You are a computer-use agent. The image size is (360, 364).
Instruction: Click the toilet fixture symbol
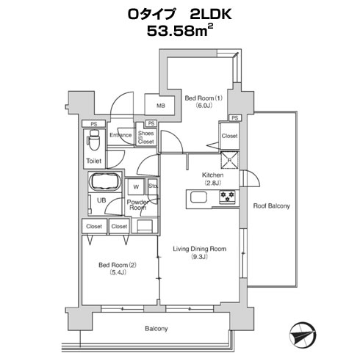pyautogui.click(x=94, y=140)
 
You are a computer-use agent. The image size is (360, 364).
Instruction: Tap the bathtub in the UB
pyautogui.click(x=105, y=182)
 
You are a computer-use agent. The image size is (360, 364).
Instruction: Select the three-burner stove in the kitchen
pyautogui.click(x=227, y=197)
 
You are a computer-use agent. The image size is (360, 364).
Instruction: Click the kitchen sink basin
pyautogui.click(x=198, y=197)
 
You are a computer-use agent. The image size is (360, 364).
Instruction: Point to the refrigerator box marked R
pyautogui.click(x=229, y=160)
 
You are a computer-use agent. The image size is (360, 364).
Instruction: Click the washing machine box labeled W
pyautogui.click(x=136, y=187)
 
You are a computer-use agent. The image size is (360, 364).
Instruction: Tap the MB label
pyautogui.click(x=161, y=106)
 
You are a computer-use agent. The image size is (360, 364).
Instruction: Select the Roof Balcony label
pyautogui.click(x=271, y=206)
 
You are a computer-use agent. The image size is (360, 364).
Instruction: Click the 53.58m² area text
pyautogui.click(x=180, y=31)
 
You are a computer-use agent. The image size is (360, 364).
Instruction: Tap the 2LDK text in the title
pyautogui.click(x=211, y=14)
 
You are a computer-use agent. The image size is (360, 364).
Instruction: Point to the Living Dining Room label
pyautogui.click(x=200, y=249)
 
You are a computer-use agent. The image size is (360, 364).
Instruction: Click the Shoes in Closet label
pyautogui.click(x=146, y=137)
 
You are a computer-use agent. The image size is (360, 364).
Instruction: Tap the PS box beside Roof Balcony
pyautogui.click(x=235, y=118)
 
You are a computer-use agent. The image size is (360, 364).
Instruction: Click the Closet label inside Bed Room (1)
pyautogui.click(x=229, y=136)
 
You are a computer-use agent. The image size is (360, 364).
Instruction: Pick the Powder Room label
pyautogui.click(x=138, y=205)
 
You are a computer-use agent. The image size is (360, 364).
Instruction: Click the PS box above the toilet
pyautogui.click(x=94, y=124)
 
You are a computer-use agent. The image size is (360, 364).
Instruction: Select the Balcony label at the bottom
pyautogui.click(x=156, y=329)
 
